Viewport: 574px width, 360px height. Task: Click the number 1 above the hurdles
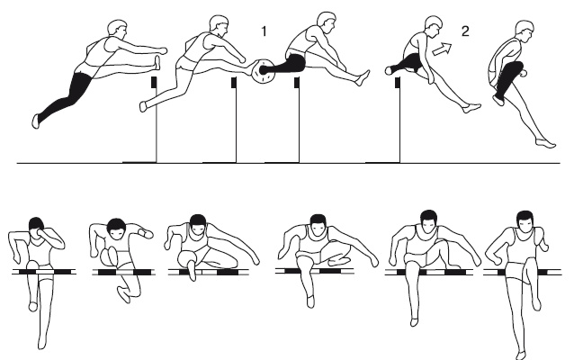point(264,31)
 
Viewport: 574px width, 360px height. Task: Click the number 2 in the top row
point(465,31)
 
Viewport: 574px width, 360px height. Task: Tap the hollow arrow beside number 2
point(443,49)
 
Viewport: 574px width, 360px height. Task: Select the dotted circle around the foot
point(264,71)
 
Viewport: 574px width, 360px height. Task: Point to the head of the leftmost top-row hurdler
point(118,29)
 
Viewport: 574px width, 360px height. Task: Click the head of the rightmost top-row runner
point(525,31)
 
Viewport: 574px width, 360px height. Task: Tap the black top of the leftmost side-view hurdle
point(154,82)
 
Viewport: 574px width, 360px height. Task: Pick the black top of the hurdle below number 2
point(397,83)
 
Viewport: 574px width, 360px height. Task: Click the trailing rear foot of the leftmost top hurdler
point(35,121)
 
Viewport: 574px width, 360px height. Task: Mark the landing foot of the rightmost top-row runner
point(546,143)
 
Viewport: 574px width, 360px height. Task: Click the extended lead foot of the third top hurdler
point(363,78)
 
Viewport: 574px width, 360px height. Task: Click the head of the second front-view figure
point(116,229)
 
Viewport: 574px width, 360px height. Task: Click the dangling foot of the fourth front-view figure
point(310,301)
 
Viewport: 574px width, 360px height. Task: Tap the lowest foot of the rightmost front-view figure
point(520,355)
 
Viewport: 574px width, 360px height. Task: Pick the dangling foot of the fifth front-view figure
point(414,322)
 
